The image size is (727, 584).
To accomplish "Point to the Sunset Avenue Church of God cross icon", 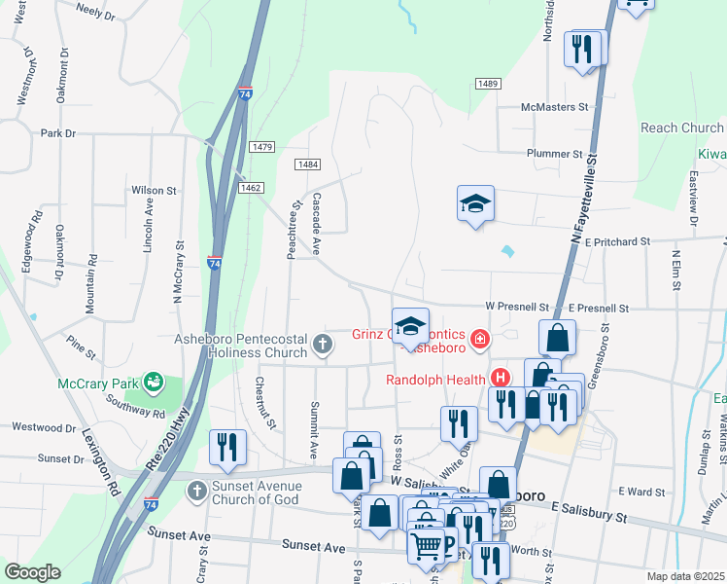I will [196, 489].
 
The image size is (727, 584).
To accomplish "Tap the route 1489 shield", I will [488, 85].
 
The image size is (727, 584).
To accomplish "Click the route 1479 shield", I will [261, 147].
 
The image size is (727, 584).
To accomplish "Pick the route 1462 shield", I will [251, 188].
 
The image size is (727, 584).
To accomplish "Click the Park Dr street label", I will [58, 132].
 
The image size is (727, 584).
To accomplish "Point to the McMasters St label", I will [555, 107].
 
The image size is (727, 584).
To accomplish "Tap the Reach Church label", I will [681, 128].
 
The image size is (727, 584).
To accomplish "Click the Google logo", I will [31, 572].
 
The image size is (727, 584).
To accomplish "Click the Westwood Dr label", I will [43, 426].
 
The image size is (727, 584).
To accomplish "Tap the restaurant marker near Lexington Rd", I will [227, 448].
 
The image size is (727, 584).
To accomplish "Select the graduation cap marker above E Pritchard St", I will [475, 204].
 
